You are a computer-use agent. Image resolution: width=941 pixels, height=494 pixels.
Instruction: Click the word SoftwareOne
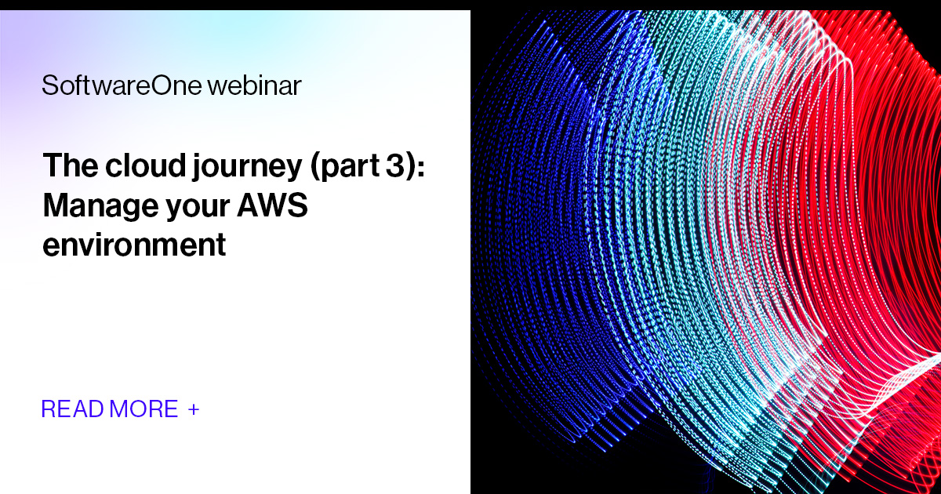(x=122, y=85)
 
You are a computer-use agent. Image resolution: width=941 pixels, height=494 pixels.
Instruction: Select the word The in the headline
(x=66, y=166)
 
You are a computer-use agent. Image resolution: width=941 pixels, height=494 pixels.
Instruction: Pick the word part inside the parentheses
(x=340, y=168)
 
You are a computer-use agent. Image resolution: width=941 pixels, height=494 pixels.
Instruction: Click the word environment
(x=134, y=245)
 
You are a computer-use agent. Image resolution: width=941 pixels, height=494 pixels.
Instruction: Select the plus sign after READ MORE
(x=194, y=409)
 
